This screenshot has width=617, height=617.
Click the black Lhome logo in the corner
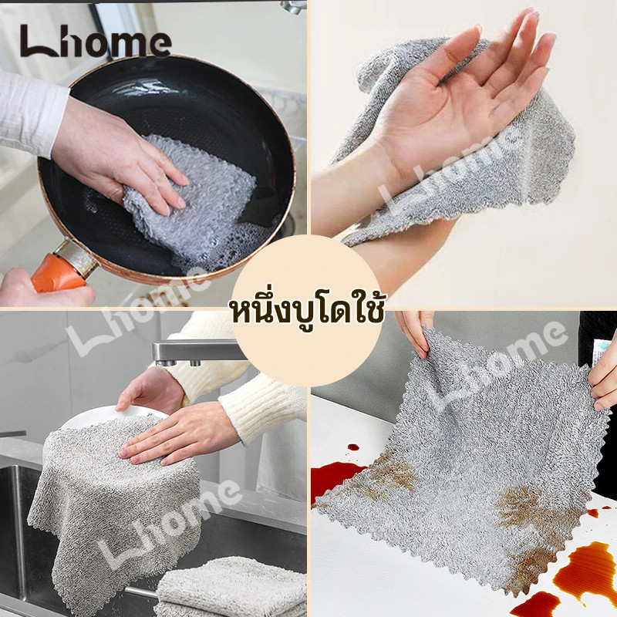tap(96, 41)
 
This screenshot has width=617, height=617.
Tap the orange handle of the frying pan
tap(59, 272)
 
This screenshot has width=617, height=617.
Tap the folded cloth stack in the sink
tap(232, 586)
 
